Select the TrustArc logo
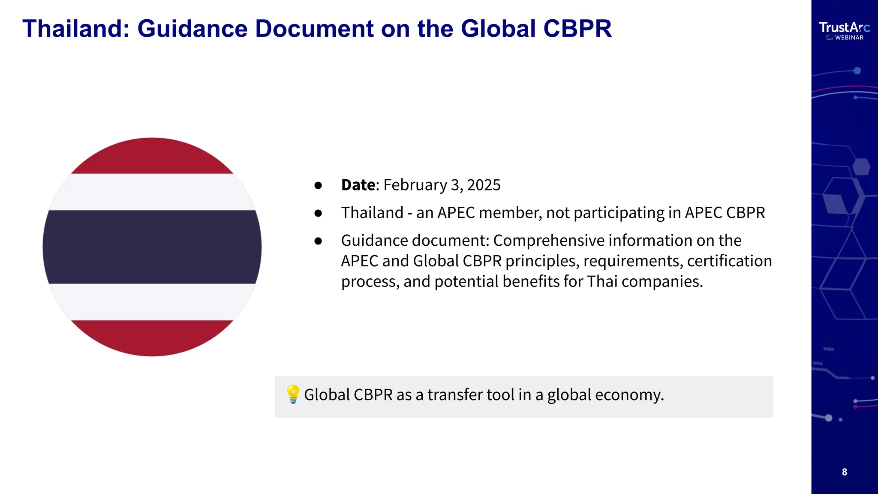[844, 27]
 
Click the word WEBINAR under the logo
[849, 38]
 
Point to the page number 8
[844, 472]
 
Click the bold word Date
[358, 185]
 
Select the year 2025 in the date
[484, 185]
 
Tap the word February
[415, 185]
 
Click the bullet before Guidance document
[318, 241]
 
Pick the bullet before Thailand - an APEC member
[318, 213]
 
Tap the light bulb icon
[293, 394]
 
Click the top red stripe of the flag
[152, 157]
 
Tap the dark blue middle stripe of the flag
[152, 247]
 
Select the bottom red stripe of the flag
[152, 337]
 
